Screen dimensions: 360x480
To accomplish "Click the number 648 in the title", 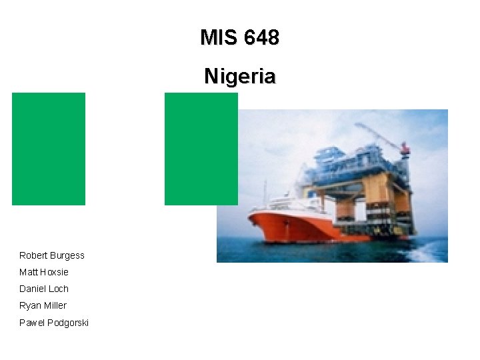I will pyautogui.click(x=261, y=38).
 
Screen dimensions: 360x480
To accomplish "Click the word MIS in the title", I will pyautogui.click(x=218, y=38).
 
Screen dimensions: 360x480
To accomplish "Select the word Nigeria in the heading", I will pyautogui.click(x=239, y=77).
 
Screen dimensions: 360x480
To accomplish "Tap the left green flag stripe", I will pyautogui.click(x=49, y=149).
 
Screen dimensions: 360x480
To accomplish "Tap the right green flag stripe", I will pyautogui.click(x=200, y=149).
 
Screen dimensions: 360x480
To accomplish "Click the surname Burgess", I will pyautogui.click(x=67, y=255).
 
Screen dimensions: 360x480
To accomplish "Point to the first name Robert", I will pyautogui.click(x=33, y=255).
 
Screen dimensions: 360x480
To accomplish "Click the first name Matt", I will pyautogui.click(x=28, y=272).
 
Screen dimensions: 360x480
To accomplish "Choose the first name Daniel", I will pyautogui.click(x=32, y=289).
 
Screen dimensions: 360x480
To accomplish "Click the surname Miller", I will pyautogui.click(x=55, y=305).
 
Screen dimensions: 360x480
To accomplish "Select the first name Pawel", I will pyautogui.click(x=31, y=323).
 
